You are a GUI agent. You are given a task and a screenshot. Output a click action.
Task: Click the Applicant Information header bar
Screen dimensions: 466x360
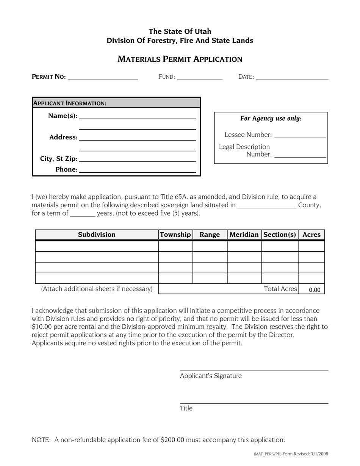click(x=116, y=103)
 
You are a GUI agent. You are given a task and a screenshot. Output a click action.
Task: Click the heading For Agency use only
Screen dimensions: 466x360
click(x=271, y=119)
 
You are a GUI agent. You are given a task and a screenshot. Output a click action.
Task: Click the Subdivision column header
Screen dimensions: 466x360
click(x=97, y=235)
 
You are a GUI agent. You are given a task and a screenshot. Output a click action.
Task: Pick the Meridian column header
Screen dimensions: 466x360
click(x=244, y=235)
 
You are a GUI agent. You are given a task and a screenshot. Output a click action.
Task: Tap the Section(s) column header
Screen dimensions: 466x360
click(x=280, y=235)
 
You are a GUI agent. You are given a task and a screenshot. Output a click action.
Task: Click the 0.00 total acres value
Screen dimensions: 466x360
click(x=314, y=290)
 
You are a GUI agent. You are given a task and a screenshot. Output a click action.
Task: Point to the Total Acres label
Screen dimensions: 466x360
click(x=280, y=289)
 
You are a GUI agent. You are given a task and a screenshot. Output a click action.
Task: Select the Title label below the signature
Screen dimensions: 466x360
click(x=186, y=408)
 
